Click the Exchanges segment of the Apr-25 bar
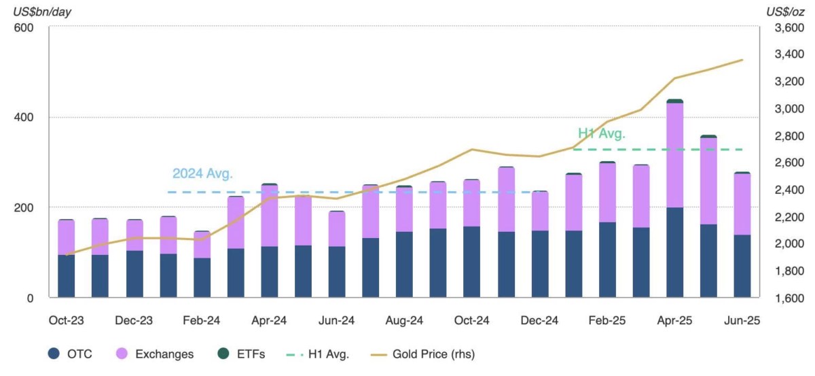(675, 155)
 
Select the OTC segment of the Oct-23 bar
(67, 276)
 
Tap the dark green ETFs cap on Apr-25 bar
(675, 101)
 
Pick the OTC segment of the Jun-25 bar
(742, 266)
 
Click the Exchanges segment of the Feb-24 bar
(202, 245)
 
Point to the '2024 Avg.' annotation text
(202, 173)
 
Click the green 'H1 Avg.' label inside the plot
(602, 134)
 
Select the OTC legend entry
(70, 354)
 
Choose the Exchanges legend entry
(155, 354)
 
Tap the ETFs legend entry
(241, 354)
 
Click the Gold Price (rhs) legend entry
(422, 354)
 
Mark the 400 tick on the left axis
(24, 118)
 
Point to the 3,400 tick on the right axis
(789, 54)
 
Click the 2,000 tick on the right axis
(789, 243)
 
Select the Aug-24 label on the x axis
(404, 320)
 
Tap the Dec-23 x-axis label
(134, 320)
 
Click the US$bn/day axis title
(42, 12)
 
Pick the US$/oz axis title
(785, 12)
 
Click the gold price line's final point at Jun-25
(742, 60)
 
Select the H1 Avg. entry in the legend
(318, 354)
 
